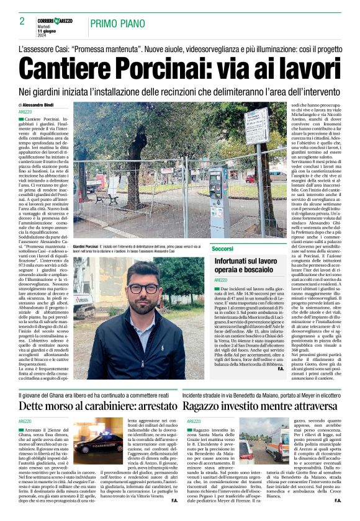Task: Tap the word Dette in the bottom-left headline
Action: pos(34,406)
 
